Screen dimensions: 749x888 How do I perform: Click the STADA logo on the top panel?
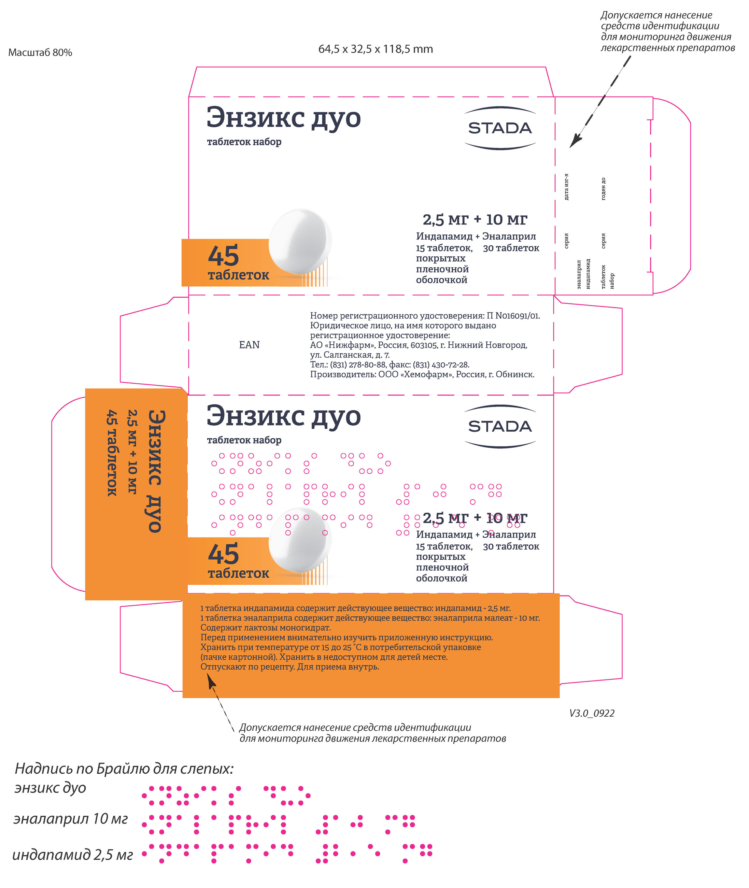pos(500,128)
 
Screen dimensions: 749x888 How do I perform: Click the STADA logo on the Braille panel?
pos(500,426)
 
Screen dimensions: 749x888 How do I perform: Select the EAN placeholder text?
pos(249,345)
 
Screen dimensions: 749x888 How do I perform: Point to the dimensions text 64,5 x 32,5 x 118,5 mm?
pos(375,49)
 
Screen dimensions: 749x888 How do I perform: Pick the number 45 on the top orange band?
pos(223,256)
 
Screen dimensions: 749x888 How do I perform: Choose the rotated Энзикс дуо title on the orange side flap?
pos(155,471)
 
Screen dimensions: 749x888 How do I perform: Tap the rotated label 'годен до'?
pos(603,189)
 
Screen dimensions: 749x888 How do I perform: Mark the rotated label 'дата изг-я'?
pos(566,187)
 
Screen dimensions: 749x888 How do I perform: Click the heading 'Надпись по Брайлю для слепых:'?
pos(124,769)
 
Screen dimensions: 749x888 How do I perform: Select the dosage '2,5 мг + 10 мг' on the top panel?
pos(475,220)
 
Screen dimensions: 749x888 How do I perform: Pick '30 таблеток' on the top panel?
pos(511,248)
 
